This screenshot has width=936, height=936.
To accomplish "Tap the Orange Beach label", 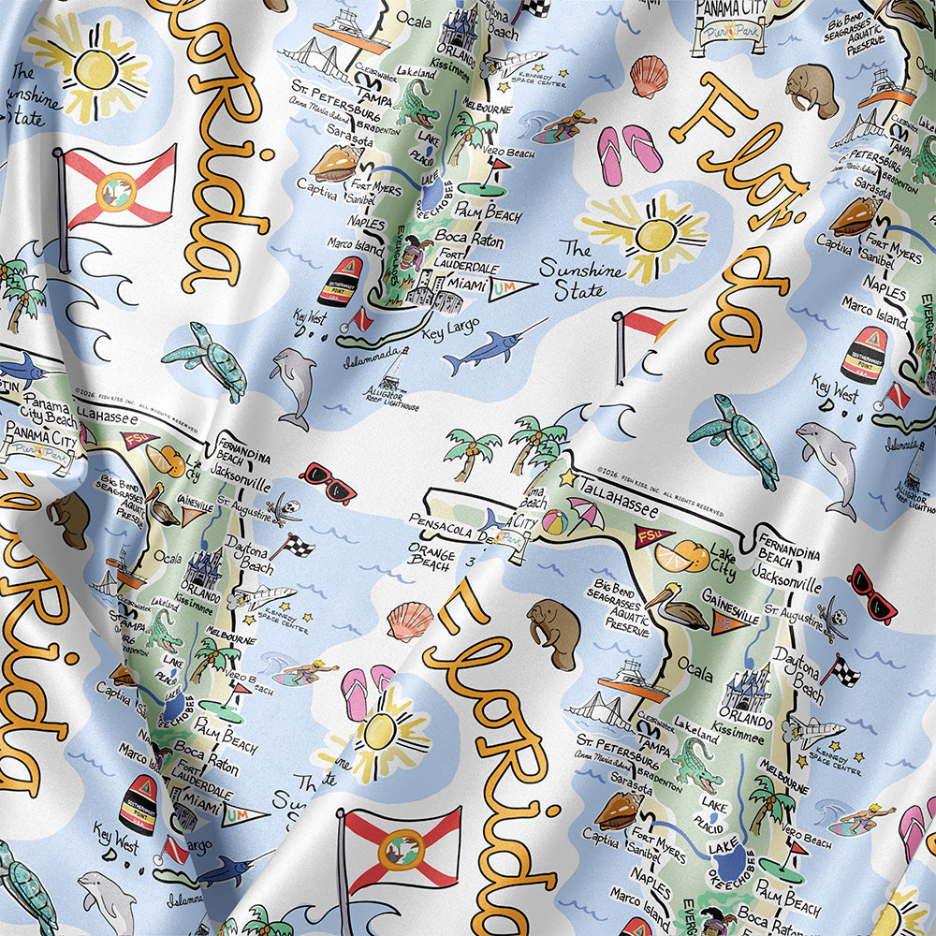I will tap(431, 556).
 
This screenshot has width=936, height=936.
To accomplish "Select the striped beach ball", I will tap(554, 521).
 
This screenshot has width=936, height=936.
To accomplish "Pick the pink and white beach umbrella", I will tap(586, 511).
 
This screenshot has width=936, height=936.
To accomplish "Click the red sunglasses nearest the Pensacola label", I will tap(328, 482).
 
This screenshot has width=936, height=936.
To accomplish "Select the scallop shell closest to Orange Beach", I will tap(410, 618).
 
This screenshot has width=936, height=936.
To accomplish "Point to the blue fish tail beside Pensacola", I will tap(490, 520).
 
